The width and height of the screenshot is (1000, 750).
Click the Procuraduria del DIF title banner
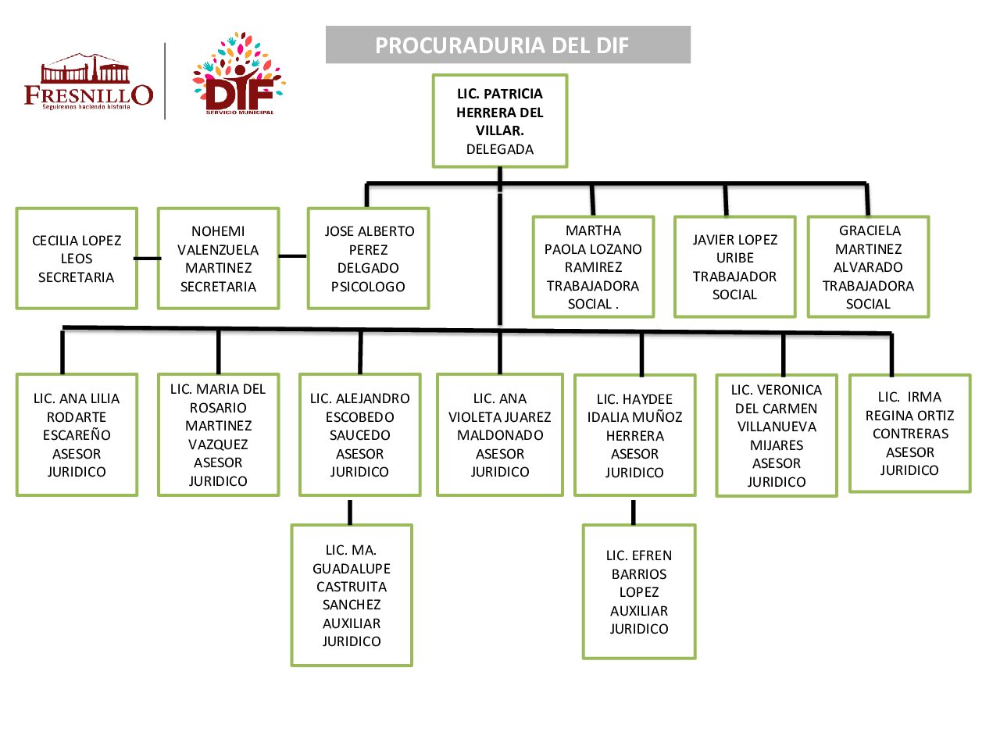pos(508,45)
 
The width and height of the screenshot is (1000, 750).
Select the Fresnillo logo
pos(88,82)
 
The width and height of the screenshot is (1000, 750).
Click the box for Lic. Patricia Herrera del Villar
pos(500,121)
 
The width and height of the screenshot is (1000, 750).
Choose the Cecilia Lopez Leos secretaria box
pos(77,259)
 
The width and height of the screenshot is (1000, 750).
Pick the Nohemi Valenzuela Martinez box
pos(218,259)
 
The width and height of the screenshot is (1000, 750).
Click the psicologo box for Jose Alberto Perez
pos(368,259)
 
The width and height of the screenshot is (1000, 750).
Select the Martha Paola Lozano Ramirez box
pos(593,267)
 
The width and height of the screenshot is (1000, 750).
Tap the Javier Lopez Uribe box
pos(734,267)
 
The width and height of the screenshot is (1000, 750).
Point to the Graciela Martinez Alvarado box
pos(868,267)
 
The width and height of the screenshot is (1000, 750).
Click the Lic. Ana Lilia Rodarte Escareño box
pos(77,435)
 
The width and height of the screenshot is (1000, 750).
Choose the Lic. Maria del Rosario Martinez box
pos(218,435)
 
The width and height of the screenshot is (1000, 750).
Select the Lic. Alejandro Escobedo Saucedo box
pos(359,435)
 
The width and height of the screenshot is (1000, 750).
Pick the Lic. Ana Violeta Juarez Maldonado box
pos(500,435)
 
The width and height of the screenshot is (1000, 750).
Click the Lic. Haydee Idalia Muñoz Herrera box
pos(634,435)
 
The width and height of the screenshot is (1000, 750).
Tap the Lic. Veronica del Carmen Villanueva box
pos(777,435)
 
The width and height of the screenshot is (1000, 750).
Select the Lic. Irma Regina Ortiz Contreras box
pos(909,434)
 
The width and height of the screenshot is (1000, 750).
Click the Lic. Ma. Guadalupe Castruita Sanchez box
pos(352,595)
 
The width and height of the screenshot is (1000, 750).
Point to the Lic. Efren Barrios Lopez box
pos(639,592)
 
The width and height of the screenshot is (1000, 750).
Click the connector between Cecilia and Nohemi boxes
pos(148,259)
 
